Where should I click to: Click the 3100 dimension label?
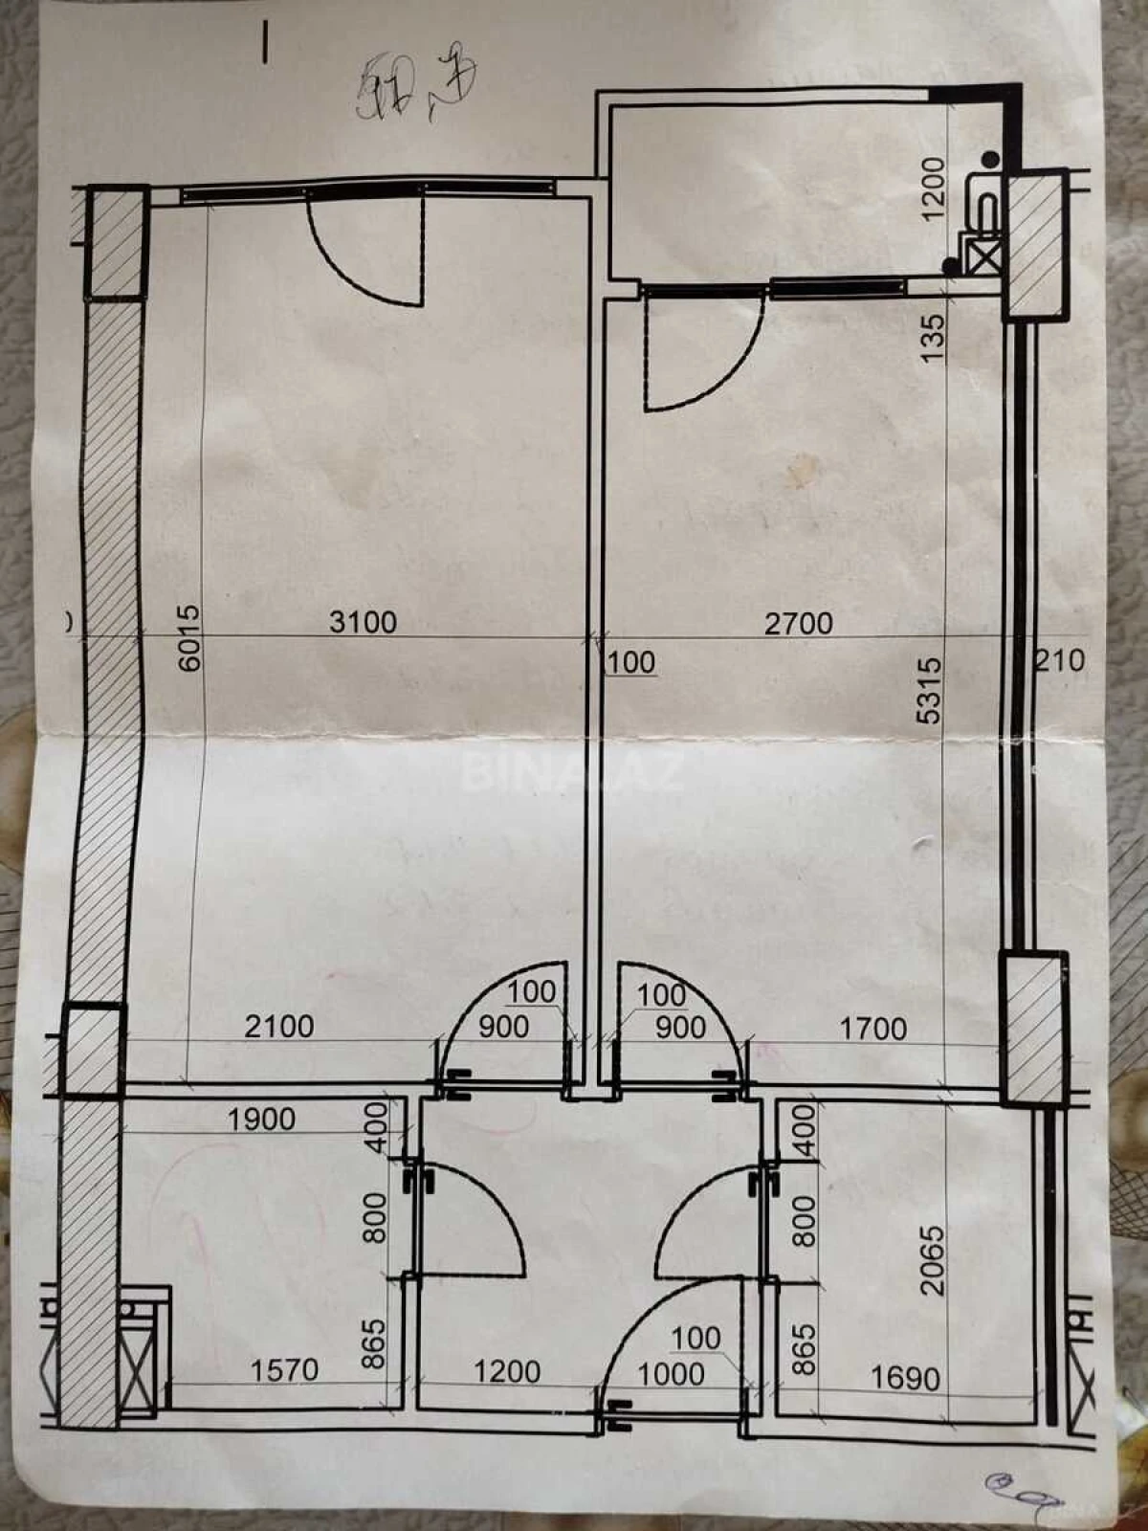[x=363, y=622]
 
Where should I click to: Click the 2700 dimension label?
[x=798, y=623]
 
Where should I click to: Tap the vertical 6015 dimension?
[x=190, y=636]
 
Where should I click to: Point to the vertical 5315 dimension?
[x=929, y=689]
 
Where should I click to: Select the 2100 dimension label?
[x=278, y=1027]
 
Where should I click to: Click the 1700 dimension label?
[x=872, y=1029]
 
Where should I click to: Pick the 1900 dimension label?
[x=261, y=1119]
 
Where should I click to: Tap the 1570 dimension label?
[x=284, y=1370]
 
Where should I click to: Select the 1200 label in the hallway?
[x=507, y=1371]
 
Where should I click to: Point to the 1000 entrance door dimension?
[x=671, y=1374]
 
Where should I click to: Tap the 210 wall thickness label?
[x=1060, y=659]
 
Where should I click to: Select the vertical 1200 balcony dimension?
[x=933, y=188]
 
